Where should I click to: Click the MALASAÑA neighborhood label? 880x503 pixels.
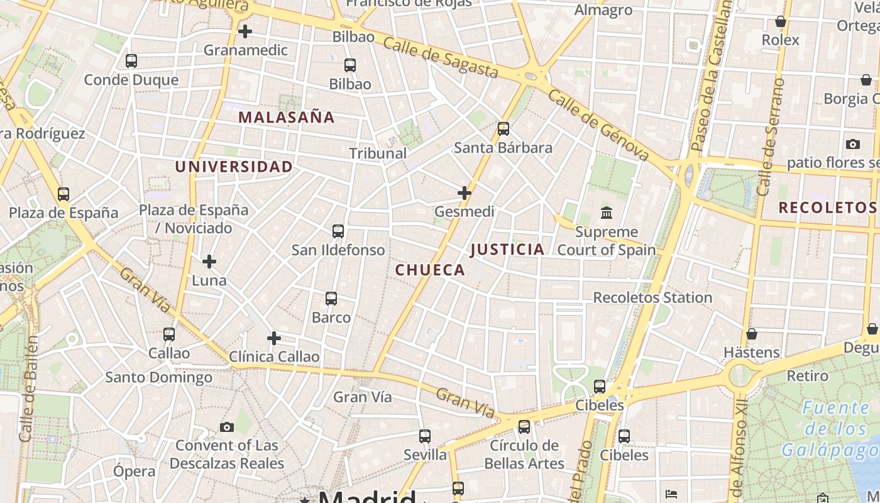click(286, 118)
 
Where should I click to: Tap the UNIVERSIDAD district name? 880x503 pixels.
click(234, 167)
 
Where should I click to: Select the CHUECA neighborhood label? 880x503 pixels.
click(430, 270)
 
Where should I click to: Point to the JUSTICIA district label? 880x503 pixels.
click(507, 250)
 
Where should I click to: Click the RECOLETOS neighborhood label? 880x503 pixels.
click(827, 207)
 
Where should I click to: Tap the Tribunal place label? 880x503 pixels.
click(378, 153)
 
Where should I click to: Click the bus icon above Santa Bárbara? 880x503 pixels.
click(503, 129)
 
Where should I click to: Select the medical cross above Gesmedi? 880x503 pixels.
click(465, 193)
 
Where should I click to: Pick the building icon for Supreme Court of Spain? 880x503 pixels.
click(607, 213)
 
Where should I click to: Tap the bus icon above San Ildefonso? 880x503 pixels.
click(338, 231)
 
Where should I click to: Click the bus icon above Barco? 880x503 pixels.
click(331, 299)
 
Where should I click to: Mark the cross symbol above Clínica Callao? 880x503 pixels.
click(274, 338)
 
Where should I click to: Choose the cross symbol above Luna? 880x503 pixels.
click(209, 262)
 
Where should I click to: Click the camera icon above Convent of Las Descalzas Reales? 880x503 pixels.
click(227, 428)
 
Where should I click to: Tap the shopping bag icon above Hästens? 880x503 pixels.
click(751, 334)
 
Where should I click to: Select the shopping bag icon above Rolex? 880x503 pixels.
click(781, 22)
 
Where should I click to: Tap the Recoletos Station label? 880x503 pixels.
click(652, 297)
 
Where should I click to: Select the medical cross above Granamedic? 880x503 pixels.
click(245, 31)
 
